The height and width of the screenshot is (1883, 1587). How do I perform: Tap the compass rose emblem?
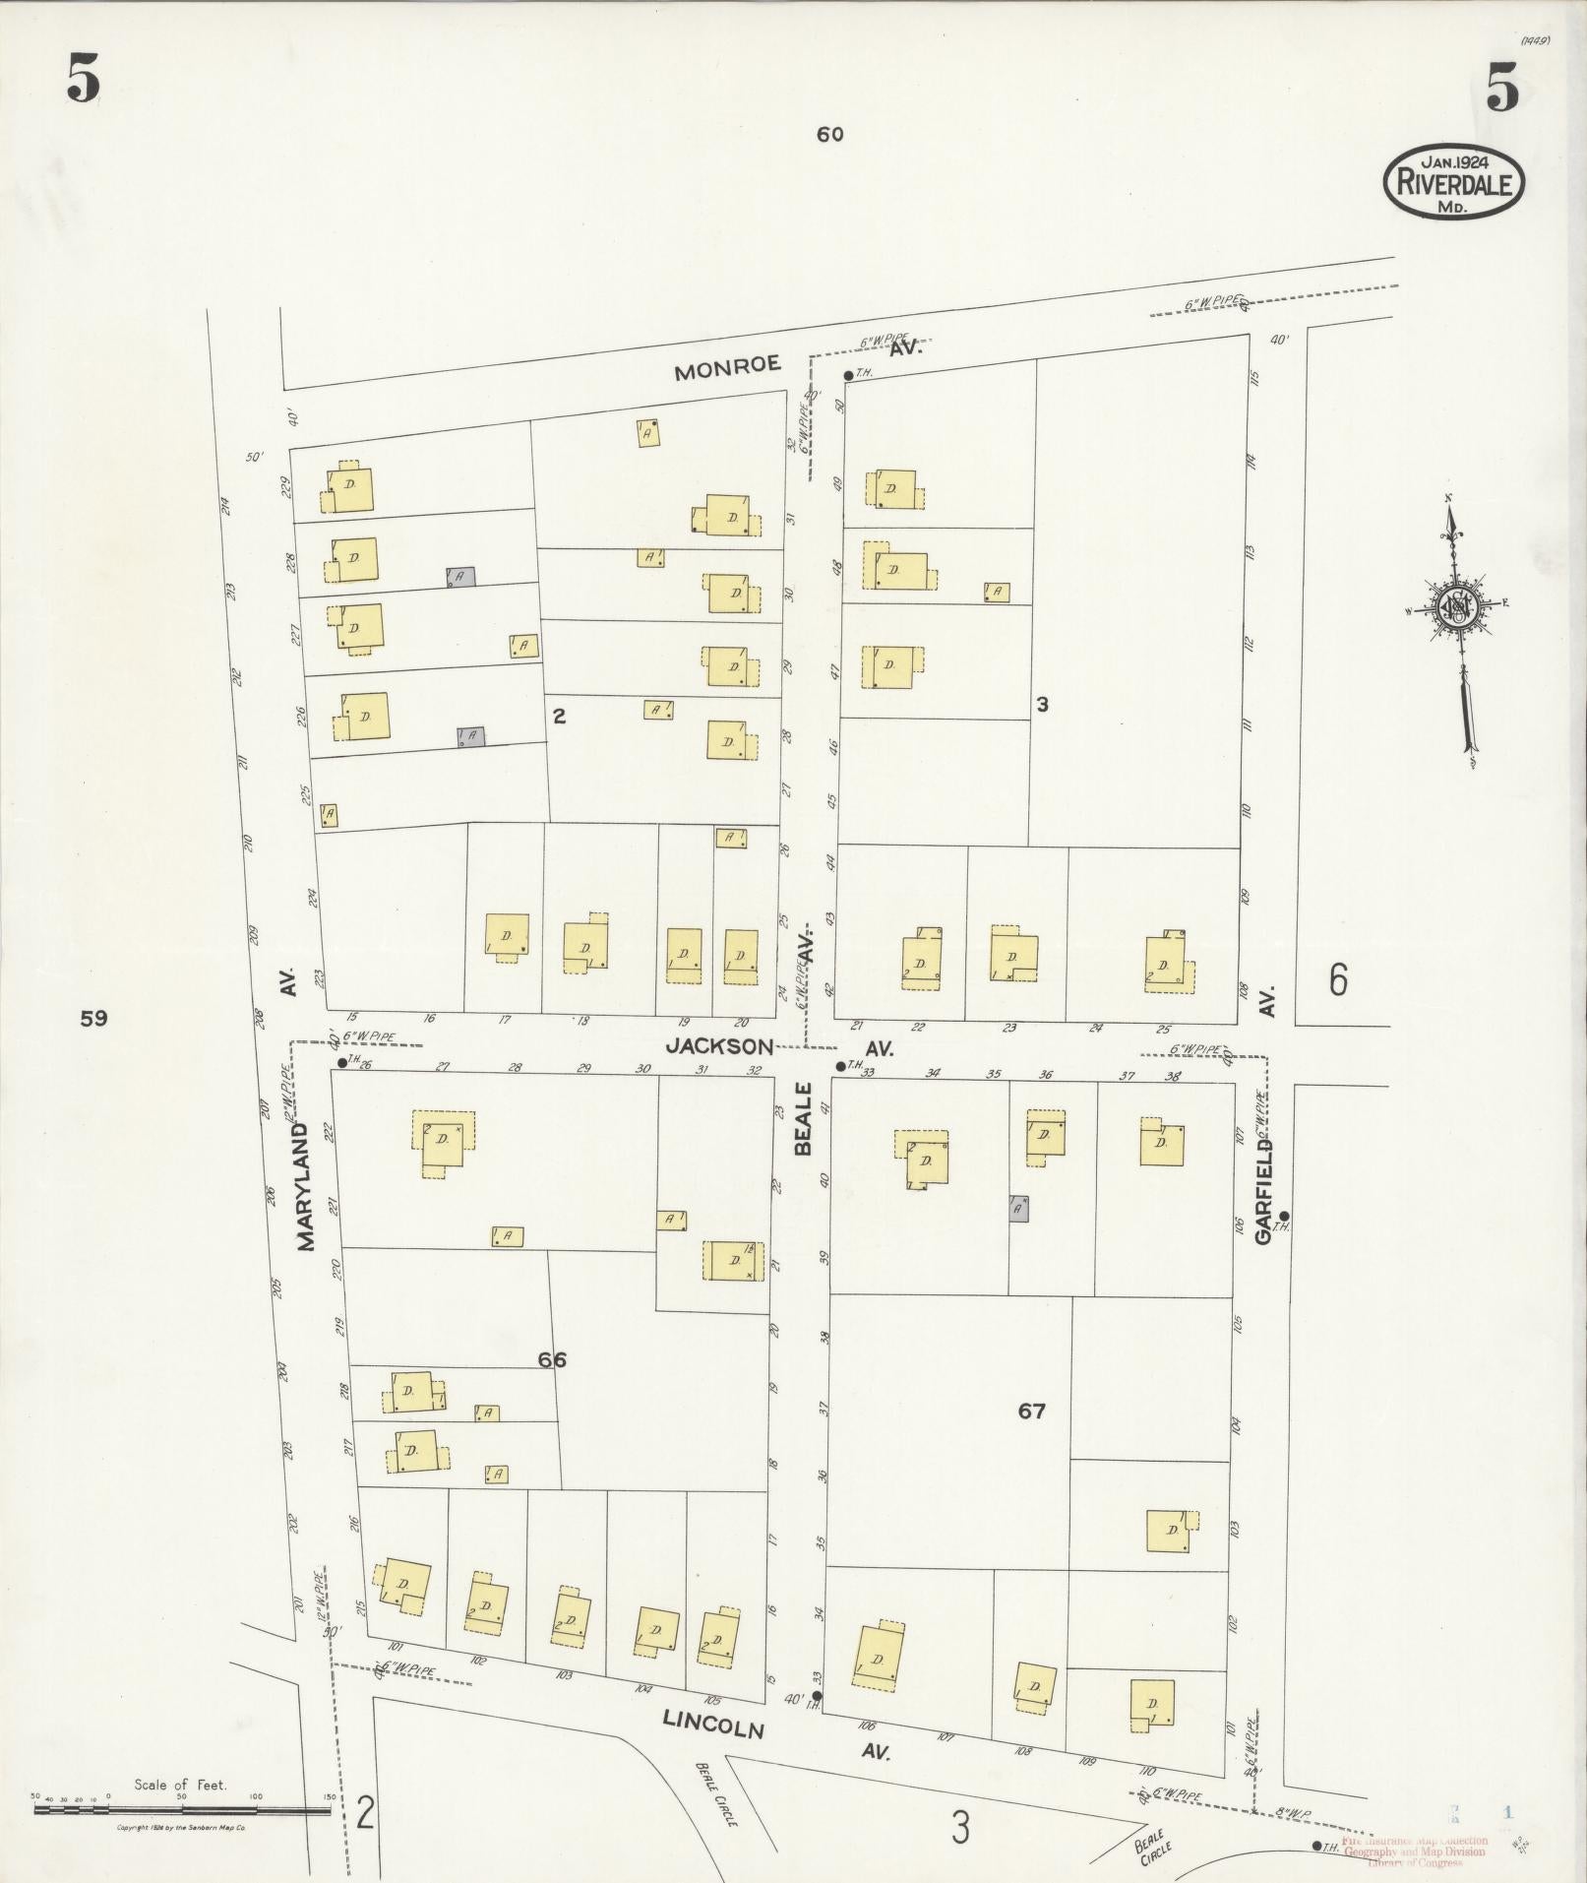(x=1455, y=606)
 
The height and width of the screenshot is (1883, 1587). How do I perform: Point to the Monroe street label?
(x=728, y=368)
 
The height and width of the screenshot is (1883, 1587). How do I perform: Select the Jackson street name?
(x=719, y=1045)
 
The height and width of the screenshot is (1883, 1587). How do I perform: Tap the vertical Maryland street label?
(x=306, y=1187)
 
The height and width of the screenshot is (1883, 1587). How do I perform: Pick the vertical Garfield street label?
(x=1264, y=1190)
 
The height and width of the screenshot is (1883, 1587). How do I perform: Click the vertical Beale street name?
(x=804, y=1119)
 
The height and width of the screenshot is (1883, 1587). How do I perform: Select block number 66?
(x=552, y=1360)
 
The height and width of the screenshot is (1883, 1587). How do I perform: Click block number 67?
(x=1031, y=1412)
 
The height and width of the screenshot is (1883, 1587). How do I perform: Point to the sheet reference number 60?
(x=829, y=135)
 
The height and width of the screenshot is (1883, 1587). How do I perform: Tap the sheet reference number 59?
(x=93, y=1019)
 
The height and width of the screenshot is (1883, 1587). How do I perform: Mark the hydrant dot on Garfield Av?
(x=1284, y=1216)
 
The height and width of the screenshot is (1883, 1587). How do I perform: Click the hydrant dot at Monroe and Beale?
(x=848, y=375)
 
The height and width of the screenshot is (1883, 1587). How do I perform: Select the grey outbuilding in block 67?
(x=1019, y=1208)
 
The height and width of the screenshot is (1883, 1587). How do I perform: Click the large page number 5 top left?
(x=84, y=79)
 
